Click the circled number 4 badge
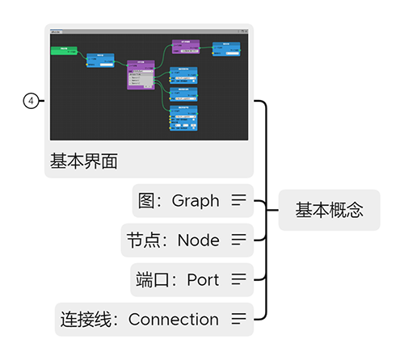click(31, 101)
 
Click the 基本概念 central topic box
click(329, 211)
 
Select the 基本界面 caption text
click(84, 161)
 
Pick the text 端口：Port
click(178, 279)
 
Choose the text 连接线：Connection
click(140, 319)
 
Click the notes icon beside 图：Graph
click(238, 200)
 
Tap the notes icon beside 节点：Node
click(238, 240)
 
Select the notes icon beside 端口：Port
click(238, 279)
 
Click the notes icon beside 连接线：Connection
click(238, 319)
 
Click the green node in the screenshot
click(64, 50)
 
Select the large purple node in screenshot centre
click(141, 74)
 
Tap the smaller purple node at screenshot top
click(186, 47)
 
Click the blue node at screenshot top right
click(225, 48)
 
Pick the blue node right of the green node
click(100, 59)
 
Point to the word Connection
click(174, 319)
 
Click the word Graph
click(196, 200)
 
